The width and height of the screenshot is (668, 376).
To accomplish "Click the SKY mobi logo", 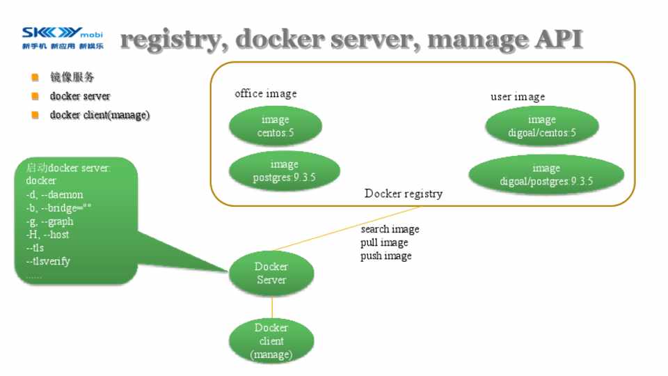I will pyautogui.click(x=63, y=38).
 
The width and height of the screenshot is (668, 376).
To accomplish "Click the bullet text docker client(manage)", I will pyautogui.click(x=100, y=115).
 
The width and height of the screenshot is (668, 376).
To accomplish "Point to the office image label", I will pyautogui.click(x=265, y=93).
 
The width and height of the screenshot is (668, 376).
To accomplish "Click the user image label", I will pyautogui.click(x=518, y=97).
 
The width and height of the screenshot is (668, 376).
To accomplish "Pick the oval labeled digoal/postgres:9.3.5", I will pyautogui.click(x=546, y=175).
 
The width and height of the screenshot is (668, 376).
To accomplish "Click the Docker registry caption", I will pyautogui.click(x=403, y=194).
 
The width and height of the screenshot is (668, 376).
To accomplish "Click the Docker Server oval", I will pyautogui.click(x=271, y=274).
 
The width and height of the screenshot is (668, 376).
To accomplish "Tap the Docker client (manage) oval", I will pyautogui.click(x=271, y=341).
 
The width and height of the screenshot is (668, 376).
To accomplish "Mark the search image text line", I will pyautogui.click(x=390, y=229).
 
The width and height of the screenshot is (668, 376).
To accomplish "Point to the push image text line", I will pyautogui.click(x=385, y=256).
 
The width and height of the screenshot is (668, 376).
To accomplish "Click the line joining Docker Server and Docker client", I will pyautogui.click(x=271, y=307).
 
